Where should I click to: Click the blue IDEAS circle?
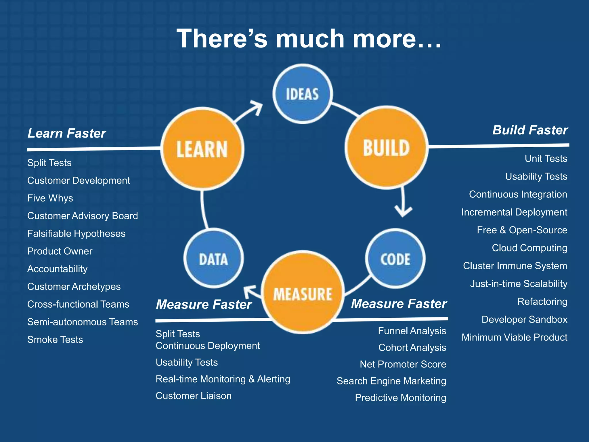pos(303,94)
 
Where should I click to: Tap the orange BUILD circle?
pos(387,148)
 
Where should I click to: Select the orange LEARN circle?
pos(202,149)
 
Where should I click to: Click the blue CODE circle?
pos(395,259)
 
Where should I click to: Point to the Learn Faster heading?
pos(67,133)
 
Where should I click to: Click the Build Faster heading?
pos(530,130)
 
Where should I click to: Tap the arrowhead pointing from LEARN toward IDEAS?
pos(257,107)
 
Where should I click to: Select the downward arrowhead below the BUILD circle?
pos(403,212)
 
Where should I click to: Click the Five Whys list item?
pos(50,198)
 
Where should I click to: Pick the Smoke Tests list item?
pos(55,340)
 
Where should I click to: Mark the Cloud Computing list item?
pos(529,248)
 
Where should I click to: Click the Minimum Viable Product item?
pos(514,337)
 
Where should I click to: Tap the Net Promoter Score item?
pos(403,364)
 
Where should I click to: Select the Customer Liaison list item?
pos(194,396)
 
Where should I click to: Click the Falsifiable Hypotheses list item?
pos(76,234)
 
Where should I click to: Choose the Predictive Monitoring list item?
pos(400,398)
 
